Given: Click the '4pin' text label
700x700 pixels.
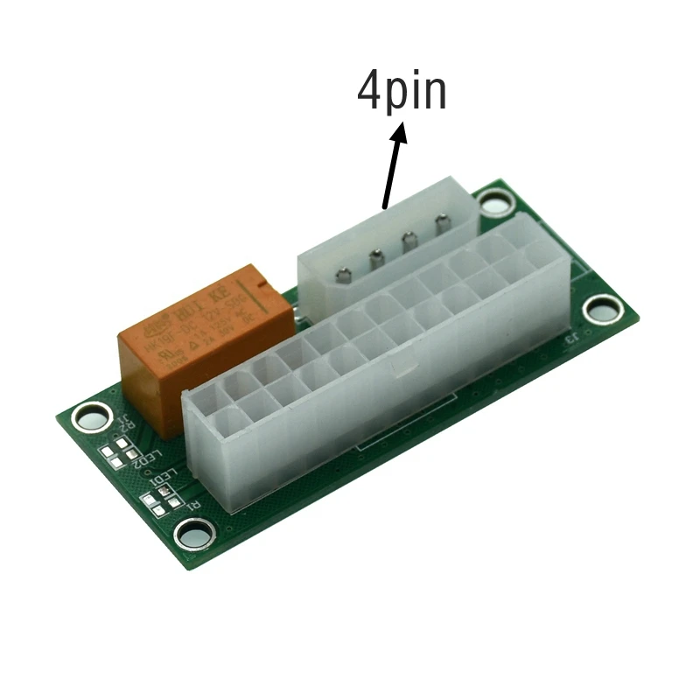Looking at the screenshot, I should point(402,90).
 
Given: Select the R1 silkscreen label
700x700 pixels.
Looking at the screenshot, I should point(191,506).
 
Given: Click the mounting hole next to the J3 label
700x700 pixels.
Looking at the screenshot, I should point(603,308).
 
